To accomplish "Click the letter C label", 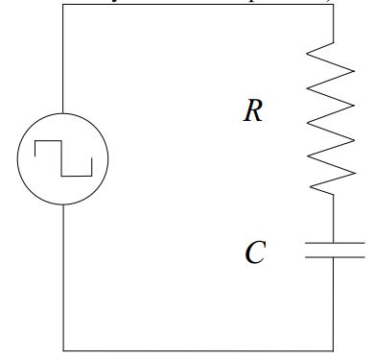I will point(254,253).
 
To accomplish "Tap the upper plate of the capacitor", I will point(334,244).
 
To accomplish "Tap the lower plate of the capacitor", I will point(334,258).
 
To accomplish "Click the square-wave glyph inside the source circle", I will point(63,158).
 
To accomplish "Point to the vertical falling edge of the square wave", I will point(63,158).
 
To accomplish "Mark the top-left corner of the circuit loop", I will point(63,4).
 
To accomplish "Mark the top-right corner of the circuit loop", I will point(334,4).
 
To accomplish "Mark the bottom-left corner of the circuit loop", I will point(63,350).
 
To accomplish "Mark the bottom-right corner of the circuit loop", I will point(334,350).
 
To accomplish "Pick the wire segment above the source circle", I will point(63,58).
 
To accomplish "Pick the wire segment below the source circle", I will point(63,278).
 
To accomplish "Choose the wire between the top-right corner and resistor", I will point(334,23).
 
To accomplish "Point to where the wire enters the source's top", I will point(63,112).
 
